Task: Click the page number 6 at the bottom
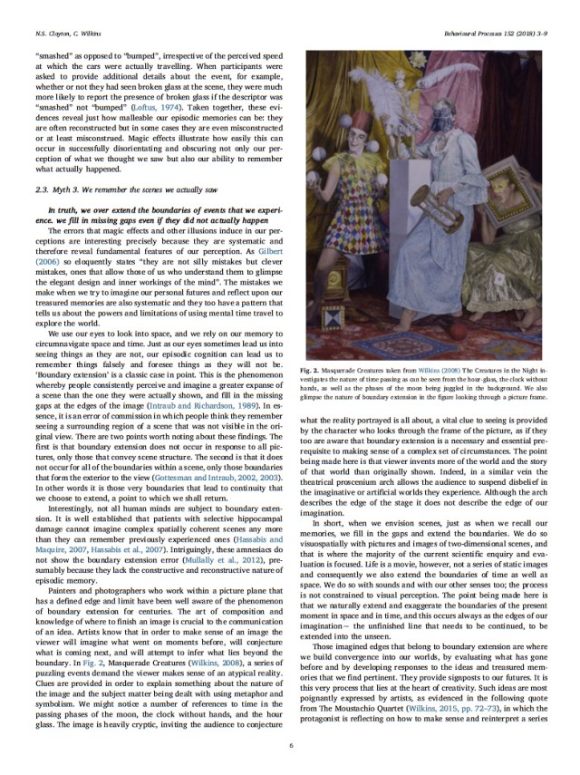[289, 745]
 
